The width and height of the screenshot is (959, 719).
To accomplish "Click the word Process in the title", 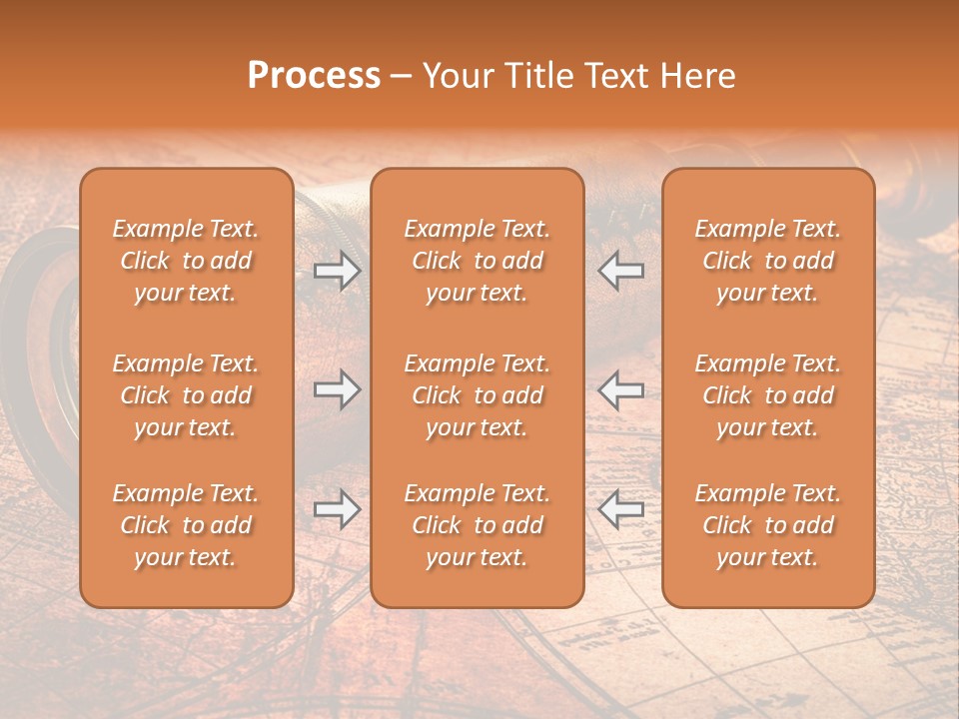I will point(314,76).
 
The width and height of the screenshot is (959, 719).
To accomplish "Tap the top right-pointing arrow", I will point(337,271).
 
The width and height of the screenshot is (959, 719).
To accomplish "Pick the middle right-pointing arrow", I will point(337,390).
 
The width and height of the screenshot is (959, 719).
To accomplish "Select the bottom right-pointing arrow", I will point(337,510).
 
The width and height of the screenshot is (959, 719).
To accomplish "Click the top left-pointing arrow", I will point(621,271).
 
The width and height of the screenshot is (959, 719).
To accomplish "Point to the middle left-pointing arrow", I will point(621,390).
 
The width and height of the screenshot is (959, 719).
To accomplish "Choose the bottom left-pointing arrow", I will point(621,510).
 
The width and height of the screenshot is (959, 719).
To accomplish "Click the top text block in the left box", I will point(186,261).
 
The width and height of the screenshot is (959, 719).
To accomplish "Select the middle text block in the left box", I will point(186,395).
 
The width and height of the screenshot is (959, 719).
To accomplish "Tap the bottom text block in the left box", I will point(186,525).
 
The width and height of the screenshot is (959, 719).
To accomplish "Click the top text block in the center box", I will point(478,261).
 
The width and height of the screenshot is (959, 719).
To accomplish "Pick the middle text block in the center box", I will point(478,395).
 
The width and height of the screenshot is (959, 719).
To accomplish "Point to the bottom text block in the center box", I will point(478,525).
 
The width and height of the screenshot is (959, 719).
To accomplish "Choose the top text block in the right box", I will point(768,261).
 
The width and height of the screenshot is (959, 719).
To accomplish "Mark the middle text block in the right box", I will point(768,395).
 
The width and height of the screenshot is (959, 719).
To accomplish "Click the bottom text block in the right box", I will point(768,525).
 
